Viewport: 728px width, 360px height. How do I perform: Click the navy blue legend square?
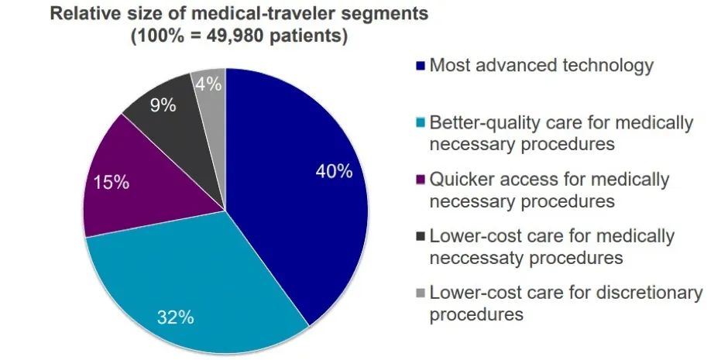(421, 67)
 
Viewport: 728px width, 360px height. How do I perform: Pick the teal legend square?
(421, 123)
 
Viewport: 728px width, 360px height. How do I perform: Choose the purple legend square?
(421, 180)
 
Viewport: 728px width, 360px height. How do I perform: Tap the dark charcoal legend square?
(421, 237)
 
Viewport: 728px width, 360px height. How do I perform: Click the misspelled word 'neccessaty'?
(481, 258)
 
